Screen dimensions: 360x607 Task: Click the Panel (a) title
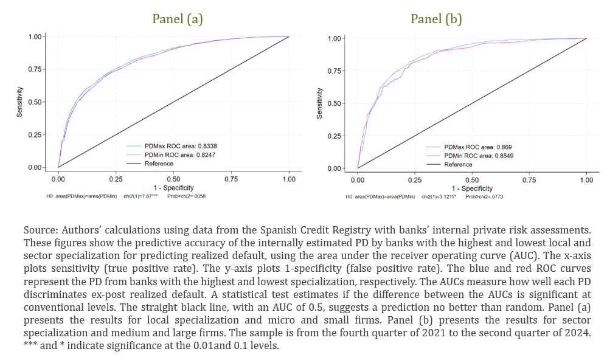[177, 19]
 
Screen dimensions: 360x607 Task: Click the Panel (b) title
[436, 19]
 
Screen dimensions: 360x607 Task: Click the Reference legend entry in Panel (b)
[458, 164]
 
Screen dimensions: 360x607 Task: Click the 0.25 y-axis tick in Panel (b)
[335, 136]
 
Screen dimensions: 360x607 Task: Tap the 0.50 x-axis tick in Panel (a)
[173, 179]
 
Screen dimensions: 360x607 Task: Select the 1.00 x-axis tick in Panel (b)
[586, 180]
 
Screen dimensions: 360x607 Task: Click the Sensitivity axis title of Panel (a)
[20, 102]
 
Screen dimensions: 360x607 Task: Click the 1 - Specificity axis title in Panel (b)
[472, 189]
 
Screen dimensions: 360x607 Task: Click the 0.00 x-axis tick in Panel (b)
[358, 180]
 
